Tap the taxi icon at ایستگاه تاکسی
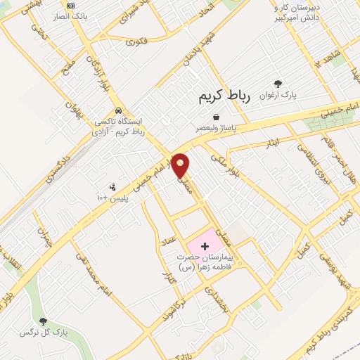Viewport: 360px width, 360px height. (x=120, y=110)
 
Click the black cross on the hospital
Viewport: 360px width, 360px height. (x=205, y=245)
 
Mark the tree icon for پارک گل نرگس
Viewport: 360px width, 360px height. (x=44, y=321)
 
